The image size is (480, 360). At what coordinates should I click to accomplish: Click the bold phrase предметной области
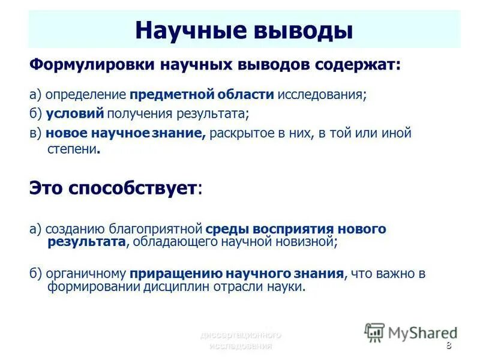[x=202, y=95]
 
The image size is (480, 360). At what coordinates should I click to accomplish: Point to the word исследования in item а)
[x=321, y=95]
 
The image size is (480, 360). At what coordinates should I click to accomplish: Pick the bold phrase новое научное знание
[x=126, y=133]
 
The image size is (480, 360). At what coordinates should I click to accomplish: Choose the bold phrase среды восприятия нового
[x=296, y=229]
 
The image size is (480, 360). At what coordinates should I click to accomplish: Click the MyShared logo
[x=412, y=332]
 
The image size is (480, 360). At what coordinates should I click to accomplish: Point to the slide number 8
[x=449, y=346]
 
